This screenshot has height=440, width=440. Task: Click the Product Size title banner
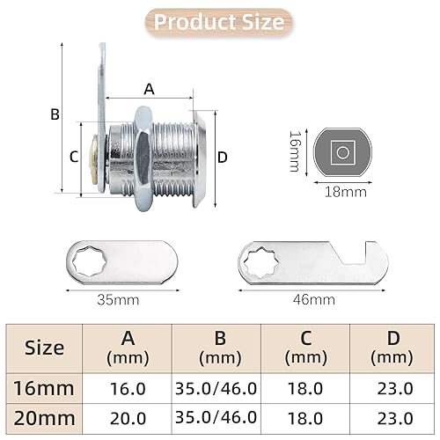[219, 22]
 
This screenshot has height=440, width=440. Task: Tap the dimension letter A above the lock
[149, 89]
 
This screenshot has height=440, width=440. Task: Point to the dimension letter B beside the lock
[55, 114]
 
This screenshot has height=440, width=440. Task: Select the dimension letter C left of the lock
[74, 157]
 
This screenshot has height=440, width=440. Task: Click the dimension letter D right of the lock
[223, 158]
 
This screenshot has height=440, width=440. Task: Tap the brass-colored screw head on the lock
[94, 159]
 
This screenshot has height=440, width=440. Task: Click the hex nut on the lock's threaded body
[143, 158]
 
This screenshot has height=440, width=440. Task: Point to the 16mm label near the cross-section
[295, 151]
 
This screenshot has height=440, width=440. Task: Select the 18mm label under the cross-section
[346, 192]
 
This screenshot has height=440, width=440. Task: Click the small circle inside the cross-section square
[342, 152]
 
